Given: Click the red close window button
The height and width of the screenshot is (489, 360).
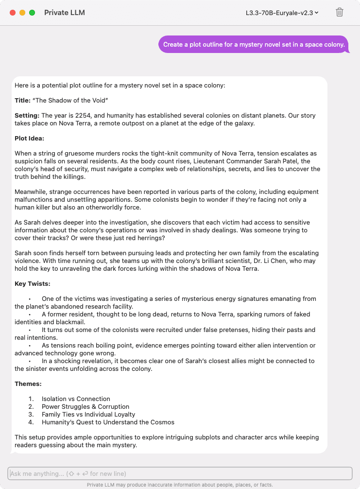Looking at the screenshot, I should [13, 13].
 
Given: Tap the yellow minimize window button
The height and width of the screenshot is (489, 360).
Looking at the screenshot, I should [22, 13].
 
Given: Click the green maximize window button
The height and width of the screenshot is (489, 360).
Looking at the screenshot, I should [32, 13].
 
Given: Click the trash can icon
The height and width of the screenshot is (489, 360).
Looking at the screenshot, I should [340, 13].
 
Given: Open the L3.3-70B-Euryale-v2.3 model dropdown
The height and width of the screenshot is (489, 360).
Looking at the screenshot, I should [282, 13].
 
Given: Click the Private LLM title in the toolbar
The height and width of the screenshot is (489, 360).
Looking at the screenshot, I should [64, 13].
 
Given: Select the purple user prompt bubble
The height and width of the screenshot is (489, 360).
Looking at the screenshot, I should [254, 45].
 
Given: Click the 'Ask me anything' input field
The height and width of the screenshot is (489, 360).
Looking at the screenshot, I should [180, 473].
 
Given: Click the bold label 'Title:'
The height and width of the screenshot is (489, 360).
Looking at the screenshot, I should [22, 101].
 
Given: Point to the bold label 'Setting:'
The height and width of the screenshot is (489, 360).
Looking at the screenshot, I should [27, 116].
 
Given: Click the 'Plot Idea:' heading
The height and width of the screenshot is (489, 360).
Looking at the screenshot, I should [29, 139].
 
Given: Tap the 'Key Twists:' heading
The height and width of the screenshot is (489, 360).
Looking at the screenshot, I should [32, 284].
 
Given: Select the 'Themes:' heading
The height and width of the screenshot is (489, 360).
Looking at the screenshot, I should [28, 384].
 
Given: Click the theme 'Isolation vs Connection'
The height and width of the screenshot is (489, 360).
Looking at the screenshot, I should [76, 399].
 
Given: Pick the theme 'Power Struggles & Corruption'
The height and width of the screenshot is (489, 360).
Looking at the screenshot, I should [86, 407].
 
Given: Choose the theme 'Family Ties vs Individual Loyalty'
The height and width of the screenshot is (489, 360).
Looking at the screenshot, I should [88, 415].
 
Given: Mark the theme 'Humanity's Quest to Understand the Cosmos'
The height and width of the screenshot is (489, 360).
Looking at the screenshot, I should [108, 422].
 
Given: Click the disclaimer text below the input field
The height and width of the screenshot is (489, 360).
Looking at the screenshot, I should [180, 485].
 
